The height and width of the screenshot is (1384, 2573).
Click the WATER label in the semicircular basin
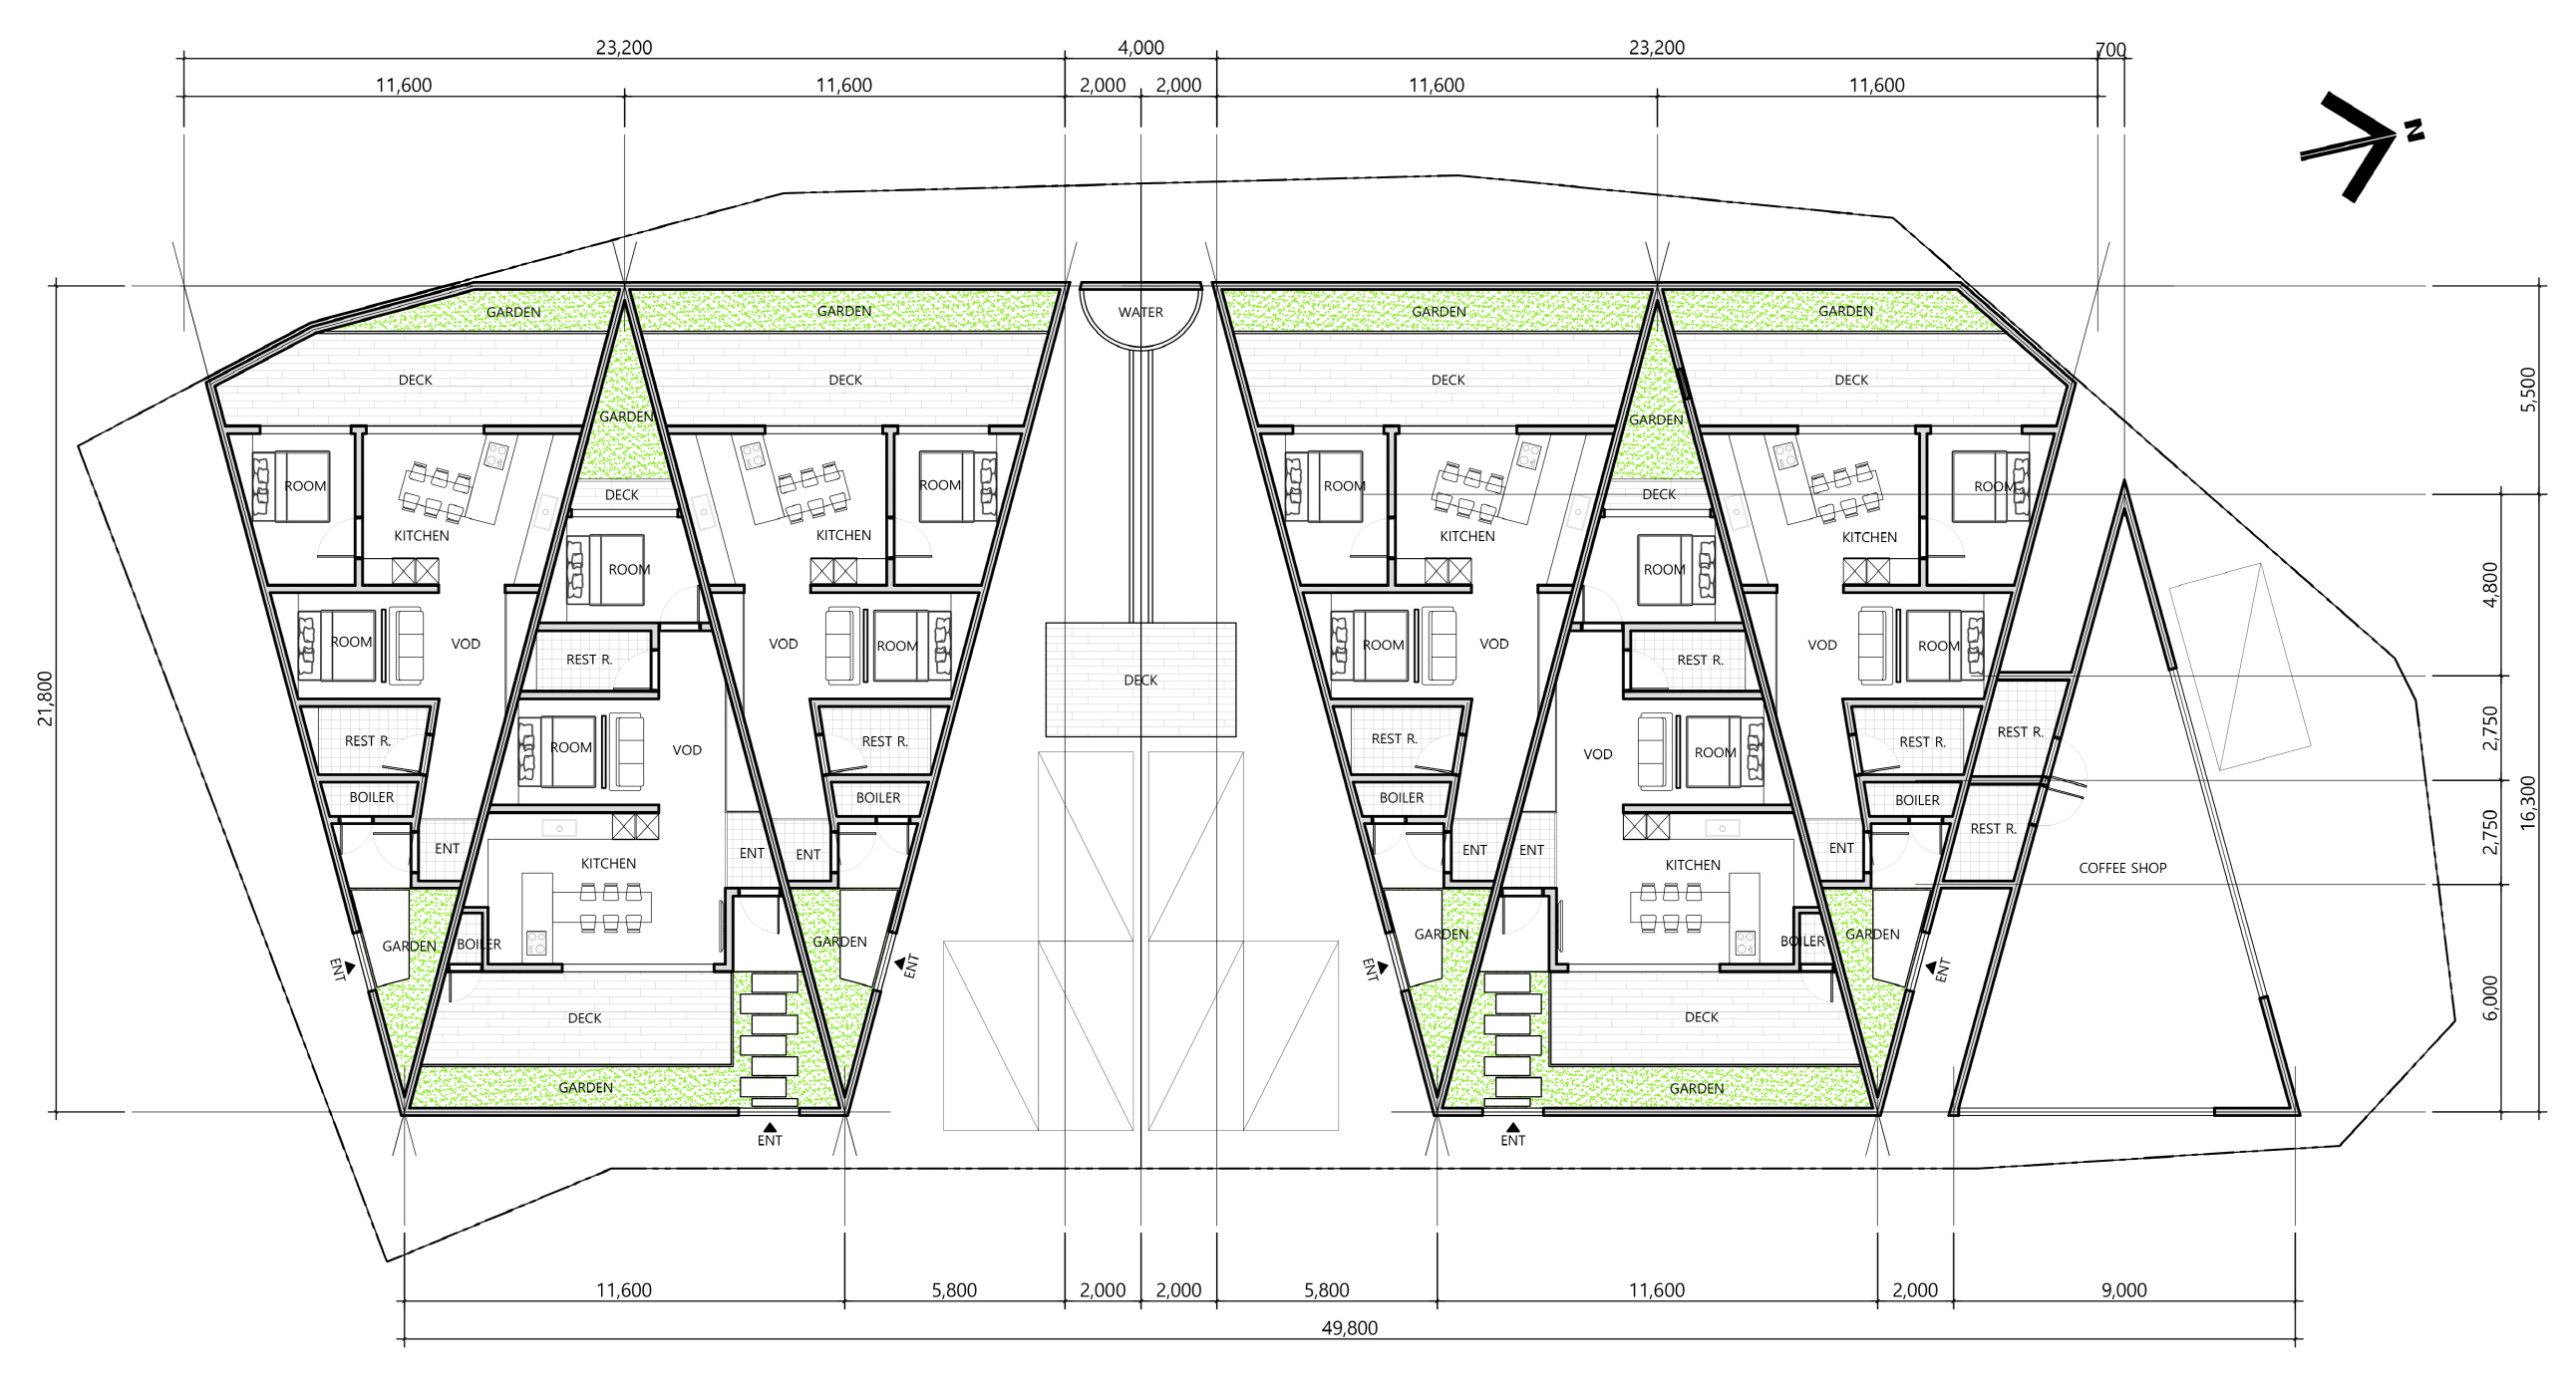pyautogui.click(x=1140, y=312)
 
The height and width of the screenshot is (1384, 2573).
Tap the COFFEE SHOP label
pyautogui.click(x=2122, y=868)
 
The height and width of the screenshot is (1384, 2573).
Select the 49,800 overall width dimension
pyautogui.click(x=1350, y=1328)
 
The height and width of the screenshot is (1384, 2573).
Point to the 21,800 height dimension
pyautogui.click(x=46, y=698)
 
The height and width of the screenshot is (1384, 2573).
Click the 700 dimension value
pyautogui.click(x=2110, y=50)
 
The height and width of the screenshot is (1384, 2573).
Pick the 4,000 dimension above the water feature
pyautogui.click(x=1140, y=47)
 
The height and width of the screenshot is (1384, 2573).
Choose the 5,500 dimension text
pyautogui.click(x=2528, y=390)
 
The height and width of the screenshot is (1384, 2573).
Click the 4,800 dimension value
pyautogui.click(x=2490, y=585)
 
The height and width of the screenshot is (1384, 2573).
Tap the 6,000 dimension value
pyautogui.click(x=2490, y=997)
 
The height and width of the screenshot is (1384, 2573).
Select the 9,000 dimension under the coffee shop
pyautogui.click(x=2123, y=1290)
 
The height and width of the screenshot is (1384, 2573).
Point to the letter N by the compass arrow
pyautogui.click(x=2413, y=130)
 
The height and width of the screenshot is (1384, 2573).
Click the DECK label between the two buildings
pyautogui.click(x=1140, y=680)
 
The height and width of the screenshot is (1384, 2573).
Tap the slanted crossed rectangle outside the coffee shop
pyautogui.click(x=2239, y=666)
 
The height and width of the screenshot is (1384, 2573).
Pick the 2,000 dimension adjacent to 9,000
pyautogui.click(x=1915, y=1290)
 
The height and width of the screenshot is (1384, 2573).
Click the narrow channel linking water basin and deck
pyautogui.click(x=1140, y=486)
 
